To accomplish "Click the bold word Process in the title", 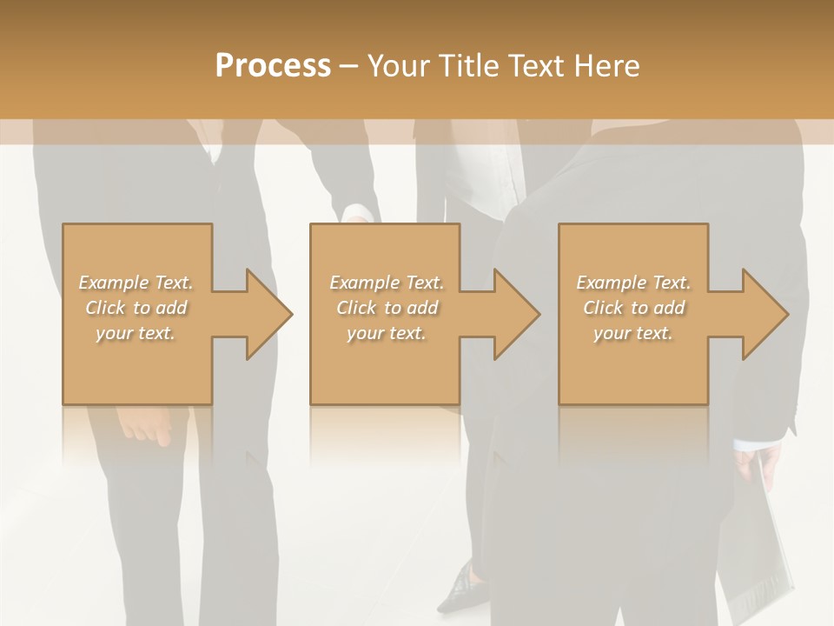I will click(273, 66).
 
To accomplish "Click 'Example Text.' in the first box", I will click(136, 283).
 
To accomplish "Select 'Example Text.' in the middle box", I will click(387, 283).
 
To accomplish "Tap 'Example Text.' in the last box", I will click(633, 283).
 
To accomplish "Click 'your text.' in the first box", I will click(136, 333).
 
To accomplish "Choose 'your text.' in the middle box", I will click(386, 333).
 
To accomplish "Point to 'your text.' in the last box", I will click(632, 333).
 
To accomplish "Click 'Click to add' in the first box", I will click(136, 308).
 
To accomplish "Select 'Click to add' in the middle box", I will click(387, 308).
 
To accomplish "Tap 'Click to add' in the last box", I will click(633, 308).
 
